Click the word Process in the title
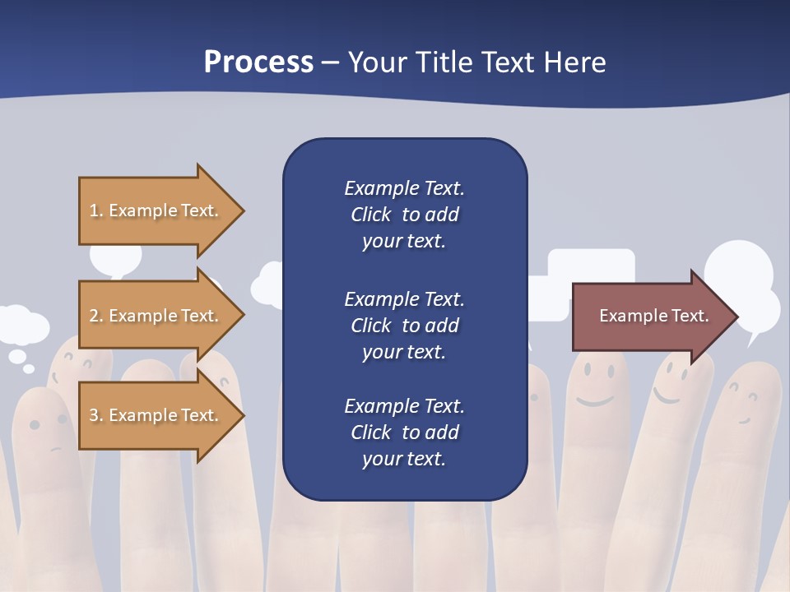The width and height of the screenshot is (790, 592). pyautogui.click(x=258, y=62)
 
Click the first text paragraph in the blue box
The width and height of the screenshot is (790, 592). pyautogui.click(x=404, y=215)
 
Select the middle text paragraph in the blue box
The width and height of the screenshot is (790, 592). pyautogui.click(x=404, y=326)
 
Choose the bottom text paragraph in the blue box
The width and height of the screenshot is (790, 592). pyautogui.click(x=404, y=432)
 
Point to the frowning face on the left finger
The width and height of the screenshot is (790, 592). pyautogui.click(x=48, y=432)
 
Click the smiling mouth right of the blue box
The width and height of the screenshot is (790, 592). pyautogui.click(x=594, y=401)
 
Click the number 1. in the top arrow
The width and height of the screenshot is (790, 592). pyautogui.click(x=96, y=210)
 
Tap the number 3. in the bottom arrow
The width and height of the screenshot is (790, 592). pyautogui.click(x=96, y=415)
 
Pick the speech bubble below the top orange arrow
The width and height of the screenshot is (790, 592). pyautogui.click(x=115, y=260)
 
